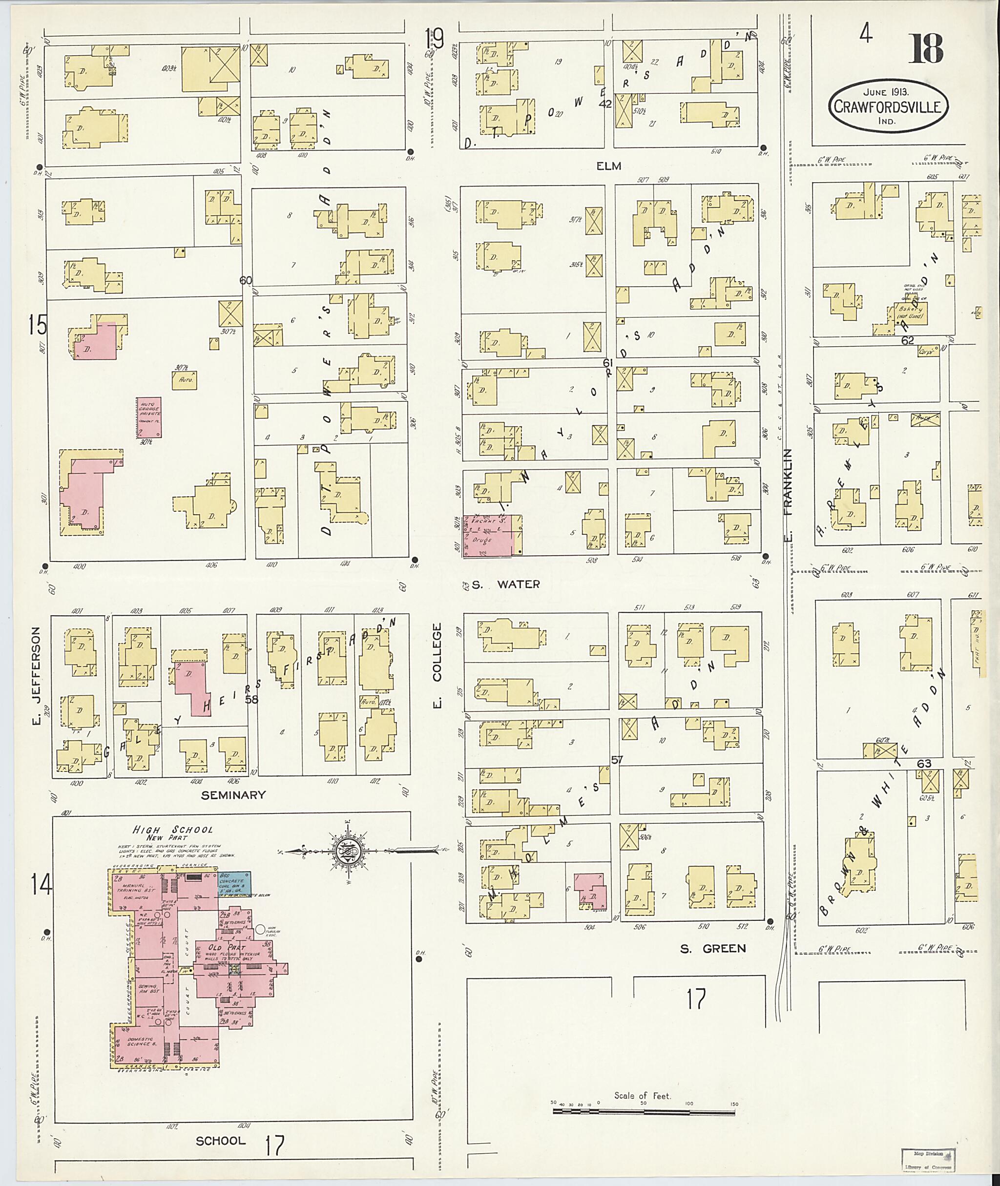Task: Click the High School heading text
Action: point(172,830)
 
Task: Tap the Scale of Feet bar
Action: point(643,1112)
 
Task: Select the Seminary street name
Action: point(233,795)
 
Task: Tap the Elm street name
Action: point(608,166)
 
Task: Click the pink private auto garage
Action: point(148,416)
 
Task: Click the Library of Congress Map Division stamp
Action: point(927,1160)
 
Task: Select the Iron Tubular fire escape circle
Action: point(261,929)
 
